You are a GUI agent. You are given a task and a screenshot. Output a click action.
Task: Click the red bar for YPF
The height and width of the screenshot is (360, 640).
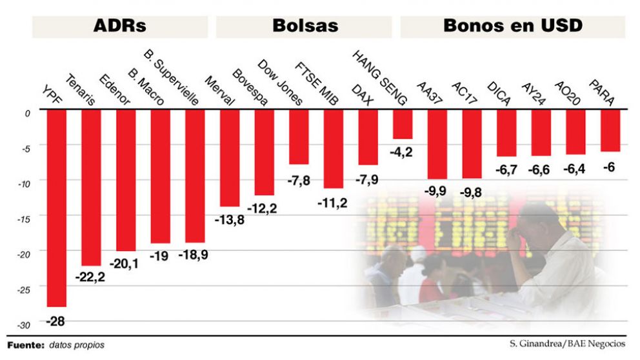[x=57, y=206]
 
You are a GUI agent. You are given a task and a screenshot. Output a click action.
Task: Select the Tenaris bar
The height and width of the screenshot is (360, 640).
[x=91, y=187]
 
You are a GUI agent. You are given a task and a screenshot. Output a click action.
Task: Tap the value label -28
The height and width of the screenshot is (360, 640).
[x=56, y=321]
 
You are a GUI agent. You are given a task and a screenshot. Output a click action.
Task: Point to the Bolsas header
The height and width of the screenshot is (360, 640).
[x=305, y=26]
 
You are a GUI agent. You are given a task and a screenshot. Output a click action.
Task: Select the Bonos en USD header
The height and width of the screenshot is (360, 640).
[x=512, y=26]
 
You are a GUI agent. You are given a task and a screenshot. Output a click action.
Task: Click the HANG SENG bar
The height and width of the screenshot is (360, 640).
[x=403, y=124]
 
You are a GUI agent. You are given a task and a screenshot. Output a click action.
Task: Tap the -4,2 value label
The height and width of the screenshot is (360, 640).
[x=403, y=153]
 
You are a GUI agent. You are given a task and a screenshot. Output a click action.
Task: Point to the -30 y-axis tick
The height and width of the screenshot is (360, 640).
[x=24, y=325]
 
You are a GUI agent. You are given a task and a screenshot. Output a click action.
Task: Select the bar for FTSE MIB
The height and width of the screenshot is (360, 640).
[x=333, y=148]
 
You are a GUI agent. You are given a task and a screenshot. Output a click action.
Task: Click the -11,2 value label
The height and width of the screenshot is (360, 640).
[x=333, y=203]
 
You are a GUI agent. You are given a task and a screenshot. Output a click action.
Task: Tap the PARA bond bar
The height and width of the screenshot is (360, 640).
[x=610, y=130]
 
